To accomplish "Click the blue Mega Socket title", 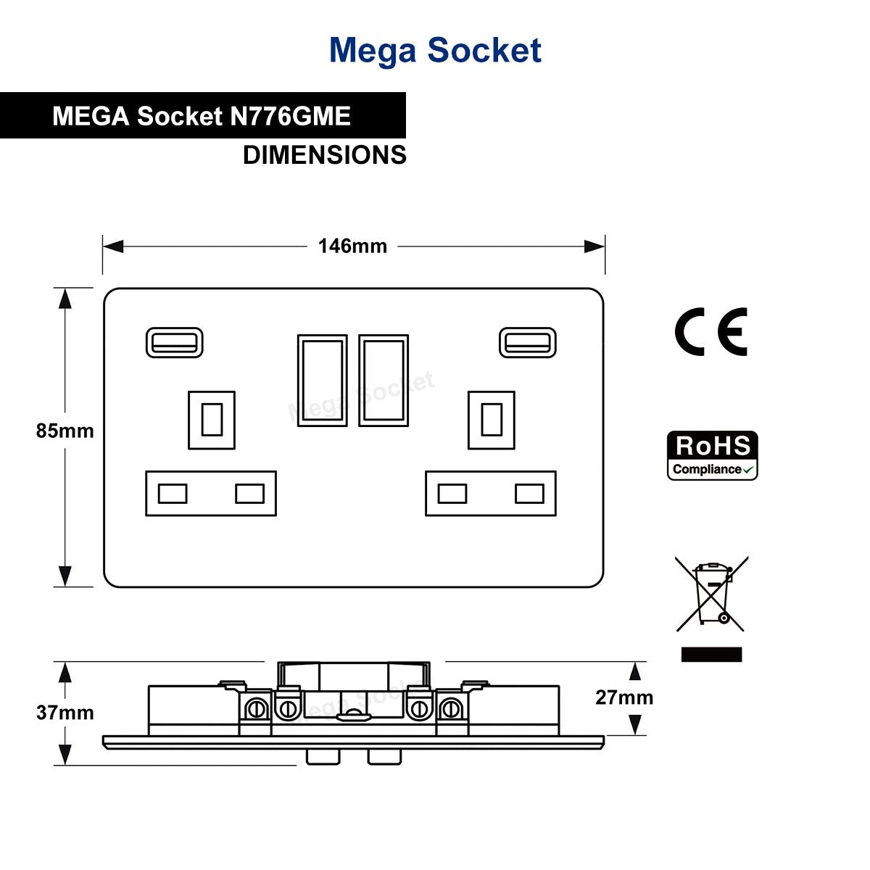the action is (435, 51).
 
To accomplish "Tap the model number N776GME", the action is (290, 116).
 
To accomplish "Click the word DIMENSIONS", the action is (325, 155).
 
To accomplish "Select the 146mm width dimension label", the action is (352, 246).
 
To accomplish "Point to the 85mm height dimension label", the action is (65, 431).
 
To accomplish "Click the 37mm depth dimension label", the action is (65, 713).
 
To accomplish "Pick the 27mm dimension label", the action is (624, 697).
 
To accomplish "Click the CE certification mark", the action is (710, 332).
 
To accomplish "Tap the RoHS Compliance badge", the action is (712, 455).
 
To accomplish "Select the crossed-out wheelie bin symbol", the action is (711, 594).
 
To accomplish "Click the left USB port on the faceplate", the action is (174, 343).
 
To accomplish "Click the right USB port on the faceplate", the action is (527, 343).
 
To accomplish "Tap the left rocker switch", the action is (323, 380).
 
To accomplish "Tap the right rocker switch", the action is (384, 380).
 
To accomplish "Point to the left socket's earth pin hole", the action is (212, 420).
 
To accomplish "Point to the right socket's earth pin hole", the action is (492, 420).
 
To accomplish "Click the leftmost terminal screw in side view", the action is (257, 709).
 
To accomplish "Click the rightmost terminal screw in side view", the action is (450, 709).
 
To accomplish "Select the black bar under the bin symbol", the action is (711, 654).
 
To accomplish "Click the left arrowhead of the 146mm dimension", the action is (113, 246).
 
